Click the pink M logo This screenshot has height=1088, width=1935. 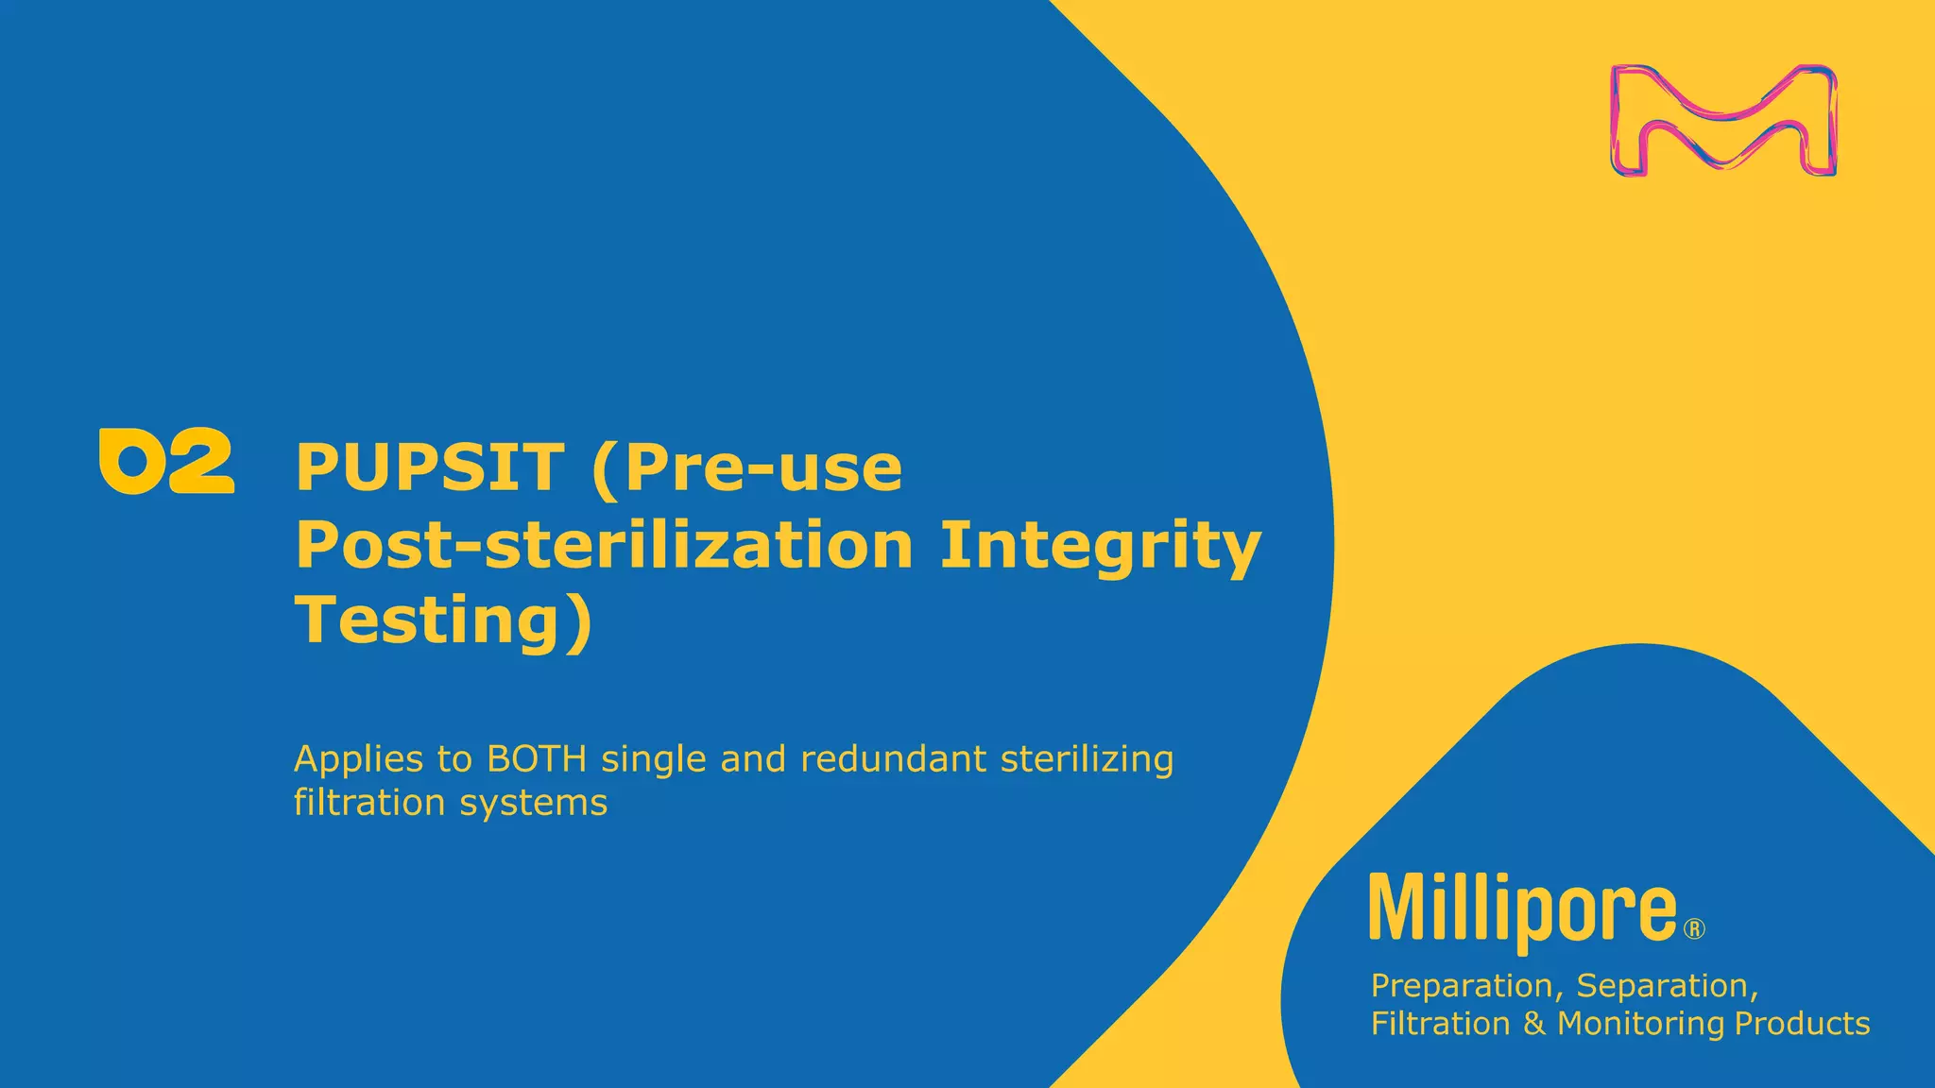pos(1723,120)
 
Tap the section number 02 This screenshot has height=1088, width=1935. pos(166,461)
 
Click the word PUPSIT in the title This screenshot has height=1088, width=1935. pos(430,467)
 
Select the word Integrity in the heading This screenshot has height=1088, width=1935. pos(1101,546)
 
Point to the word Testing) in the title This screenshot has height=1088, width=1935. pos(445,620)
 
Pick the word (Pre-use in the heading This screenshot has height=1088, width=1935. pos(746,467)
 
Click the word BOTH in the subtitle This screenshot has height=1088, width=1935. pos(537,758)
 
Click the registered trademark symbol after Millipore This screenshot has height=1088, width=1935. pos(1695,929)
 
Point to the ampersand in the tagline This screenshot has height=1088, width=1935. pos(1533,1024)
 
